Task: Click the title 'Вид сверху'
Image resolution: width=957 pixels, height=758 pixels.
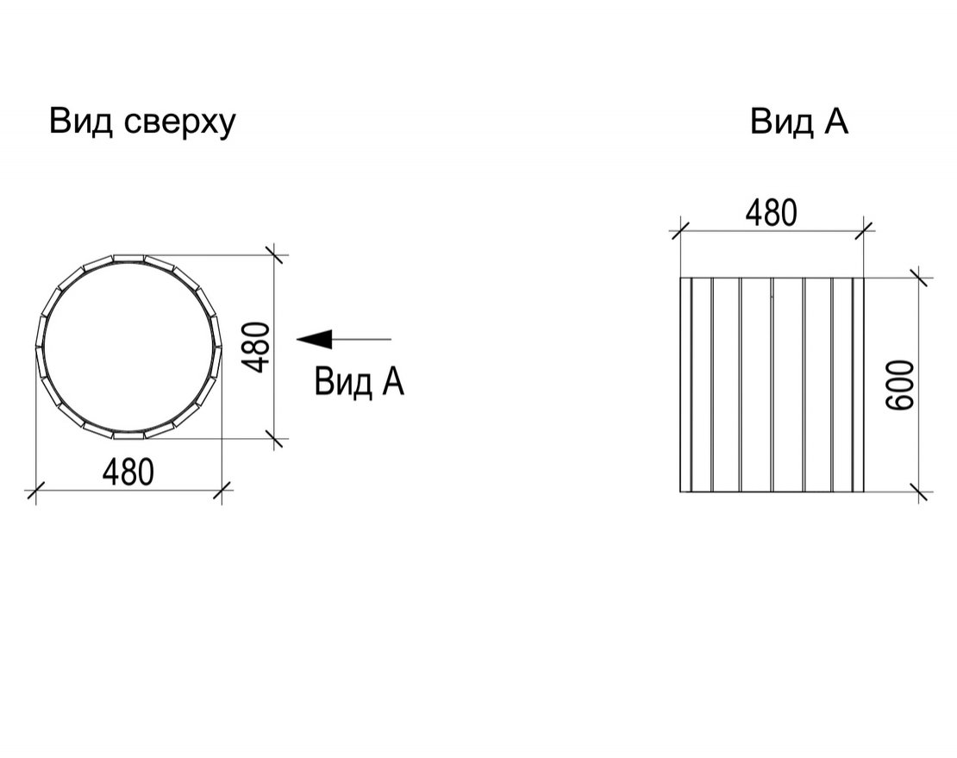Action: pos(141,123)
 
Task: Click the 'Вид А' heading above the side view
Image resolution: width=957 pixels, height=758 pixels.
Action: pos(799,122)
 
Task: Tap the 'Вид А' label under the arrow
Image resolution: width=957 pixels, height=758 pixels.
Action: pos(359,382)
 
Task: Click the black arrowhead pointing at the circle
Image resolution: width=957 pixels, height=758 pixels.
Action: pos(315,339)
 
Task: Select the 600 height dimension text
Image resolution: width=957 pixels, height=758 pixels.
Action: pos(900,385)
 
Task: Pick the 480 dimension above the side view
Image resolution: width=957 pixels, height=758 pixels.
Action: pos(772,213)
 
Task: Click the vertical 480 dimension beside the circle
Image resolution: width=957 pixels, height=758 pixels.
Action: pos(255,348)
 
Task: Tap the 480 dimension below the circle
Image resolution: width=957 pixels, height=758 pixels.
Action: pos(128,473)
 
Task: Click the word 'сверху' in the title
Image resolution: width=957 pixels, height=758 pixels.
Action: pos(179,125)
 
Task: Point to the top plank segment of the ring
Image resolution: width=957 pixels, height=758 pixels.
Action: pos(128,258)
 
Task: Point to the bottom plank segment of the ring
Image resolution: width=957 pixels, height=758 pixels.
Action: pos(128,435)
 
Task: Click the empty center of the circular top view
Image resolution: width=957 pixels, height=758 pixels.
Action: pos(128,347)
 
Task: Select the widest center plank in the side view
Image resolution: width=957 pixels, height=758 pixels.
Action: pos(788,385)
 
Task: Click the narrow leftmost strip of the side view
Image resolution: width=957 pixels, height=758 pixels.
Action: pos(686,385)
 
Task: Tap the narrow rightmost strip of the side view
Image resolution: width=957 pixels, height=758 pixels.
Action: pos(859,385)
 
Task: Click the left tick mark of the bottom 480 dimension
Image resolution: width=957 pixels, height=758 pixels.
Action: pos(36,490)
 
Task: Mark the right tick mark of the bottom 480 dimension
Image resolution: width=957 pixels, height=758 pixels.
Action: pos(222,490)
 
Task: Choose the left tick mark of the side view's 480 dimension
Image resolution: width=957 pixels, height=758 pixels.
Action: pos(680,231)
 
